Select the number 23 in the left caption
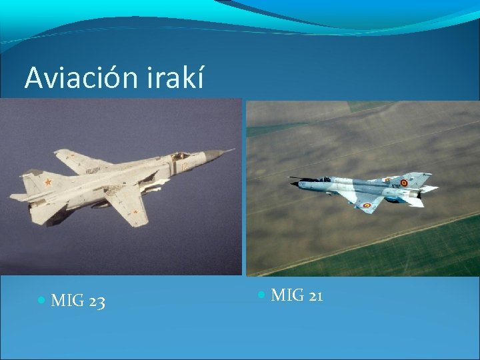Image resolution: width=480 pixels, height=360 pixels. [96, 302]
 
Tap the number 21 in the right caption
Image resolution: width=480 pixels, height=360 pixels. [315, 295]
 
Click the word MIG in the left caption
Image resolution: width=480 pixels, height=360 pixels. [67, 302]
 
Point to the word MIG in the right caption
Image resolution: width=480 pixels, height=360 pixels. [287, 295]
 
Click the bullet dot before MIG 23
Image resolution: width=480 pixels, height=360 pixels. [42, 301]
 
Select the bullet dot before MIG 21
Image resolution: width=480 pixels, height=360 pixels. [261, 294]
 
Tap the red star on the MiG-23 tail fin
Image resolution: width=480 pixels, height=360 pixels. [47, 181]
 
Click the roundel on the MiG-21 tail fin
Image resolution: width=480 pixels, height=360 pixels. [404, 182]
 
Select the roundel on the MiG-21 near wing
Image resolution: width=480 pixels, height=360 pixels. [366, 205]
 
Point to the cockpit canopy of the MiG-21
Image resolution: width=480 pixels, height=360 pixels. [325, 179]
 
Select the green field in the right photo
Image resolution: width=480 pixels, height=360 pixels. [427, 247]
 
